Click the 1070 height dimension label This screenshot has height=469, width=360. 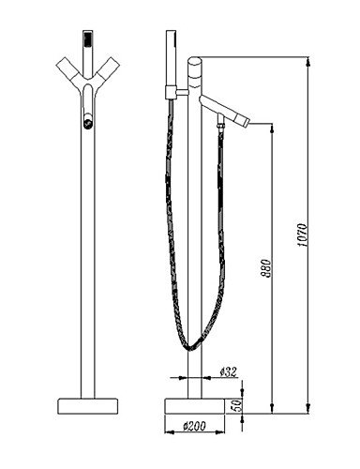(x=302, y=235)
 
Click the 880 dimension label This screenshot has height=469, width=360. (x=266, y=268)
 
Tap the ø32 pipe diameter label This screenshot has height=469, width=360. (x=229, y=372)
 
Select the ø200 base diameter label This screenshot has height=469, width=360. (x=194, y=426)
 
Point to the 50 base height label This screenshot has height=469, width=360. (x=237, y=405)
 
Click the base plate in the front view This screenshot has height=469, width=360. (x=88, y=406)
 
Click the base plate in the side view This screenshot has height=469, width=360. (x=195, y=406)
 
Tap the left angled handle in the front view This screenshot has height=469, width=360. (x=68, y=70)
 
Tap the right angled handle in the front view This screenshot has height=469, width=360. (x=108, y=70)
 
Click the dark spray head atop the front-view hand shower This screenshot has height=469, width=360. (x=88, y=38)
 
